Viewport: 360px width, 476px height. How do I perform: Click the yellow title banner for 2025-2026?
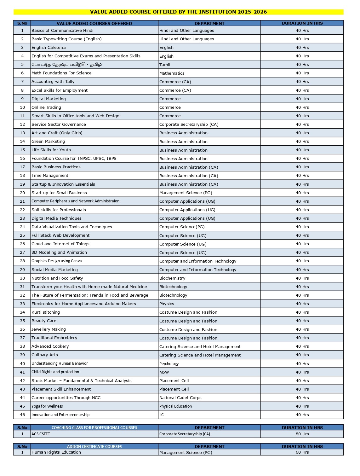pyautogui.click(x=178, y=12)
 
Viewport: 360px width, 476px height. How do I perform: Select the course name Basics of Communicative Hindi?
pyautogui.click(x=62, y=31)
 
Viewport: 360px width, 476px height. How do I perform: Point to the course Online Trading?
pyautogui.click(x=46, y=107)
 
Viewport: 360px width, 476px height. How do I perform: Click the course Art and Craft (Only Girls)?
pyautogui.click(x=57, y=133)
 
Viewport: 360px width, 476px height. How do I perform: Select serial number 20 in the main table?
pyautogui.click(x=22, y=193)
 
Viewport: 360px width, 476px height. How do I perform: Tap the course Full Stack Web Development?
pyautogui.click(x=60, y=235)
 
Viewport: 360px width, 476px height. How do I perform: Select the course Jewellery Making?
pyautogui.click(x=49, y=329)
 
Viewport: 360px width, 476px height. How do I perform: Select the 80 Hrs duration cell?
pyautogui.click(x=302, y=434)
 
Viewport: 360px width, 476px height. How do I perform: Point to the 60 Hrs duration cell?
pyautogui.click(x=302, y=452)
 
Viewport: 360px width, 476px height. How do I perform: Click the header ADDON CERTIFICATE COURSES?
pyautogui.click(x=94, y=447)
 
